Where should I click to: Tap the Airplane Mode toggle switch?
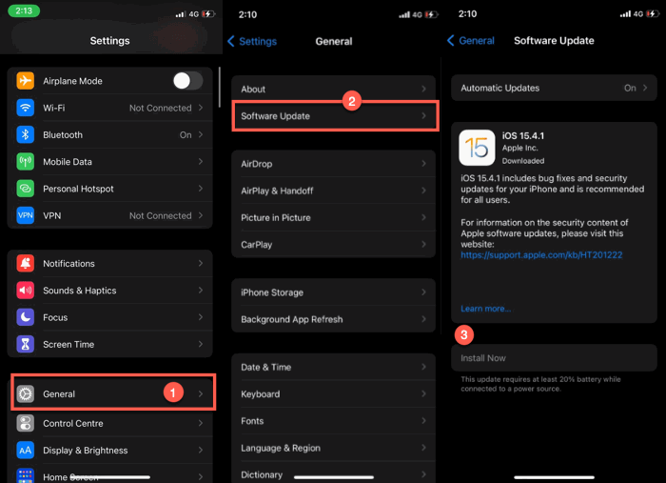click(187, 81)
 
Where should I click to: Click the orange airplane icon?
click(26, 81)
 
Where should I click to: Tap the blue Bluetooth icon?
click(26, 134)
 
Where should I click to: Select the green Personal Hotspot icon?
click(26, 189)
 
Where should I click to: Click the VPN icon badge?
click(26, 215)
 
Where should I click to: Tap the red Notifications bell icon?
click(26, 263)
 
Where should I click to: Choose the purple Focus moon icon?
click(26, 317)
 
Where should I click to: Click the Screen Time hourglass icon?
click(26, 344)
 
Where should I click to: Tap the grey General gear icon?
click(26, 393)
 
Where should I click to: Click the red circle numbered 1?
click(173, 392)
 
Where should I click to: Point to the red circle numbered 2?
click(352, 101)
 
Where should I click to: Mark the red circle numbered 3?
click(464, 335)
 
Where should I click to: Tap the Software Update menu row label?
click(275, 116)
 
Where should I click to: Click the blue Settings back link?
click(252, 41)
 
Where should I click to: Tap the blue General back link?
click(471, 41)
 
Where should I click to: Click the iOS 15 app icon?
click(477, 148)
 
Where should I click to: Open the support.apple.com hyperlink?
click(541, 255)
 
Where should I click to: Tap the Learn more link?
click(485, 309)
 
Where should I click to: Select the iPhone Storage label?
click(272, 292)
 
